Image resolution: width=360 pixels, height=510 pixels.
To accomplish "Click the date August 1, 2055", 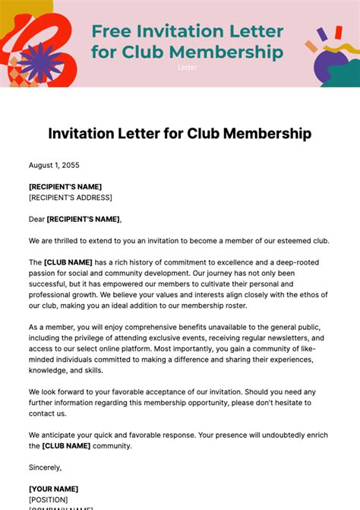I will (x=54, y=165).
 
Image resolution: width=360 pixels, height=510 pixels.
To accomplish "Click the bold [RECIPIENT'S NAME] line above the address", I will (x=65, y=186).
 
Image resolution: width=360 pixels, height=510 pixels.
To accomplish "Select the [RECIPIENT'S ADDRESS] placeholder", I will (x=71, y=198).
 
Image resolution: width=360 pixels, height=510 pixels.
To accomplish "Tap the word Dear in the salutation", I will (x=36, y=219).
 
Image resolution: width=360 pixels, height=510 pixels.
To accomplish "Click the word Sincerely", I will (x=46, y=467).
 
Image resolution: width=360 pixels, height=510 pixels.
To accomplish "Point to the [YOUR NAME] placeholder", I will (x=53, y=489).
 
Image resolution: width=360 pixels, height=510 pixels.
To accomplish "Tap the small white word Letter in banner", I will (x=187, y=68).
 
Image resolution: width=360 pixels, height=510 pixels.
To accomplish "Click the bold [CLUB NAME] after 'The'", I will (x=67, y=262).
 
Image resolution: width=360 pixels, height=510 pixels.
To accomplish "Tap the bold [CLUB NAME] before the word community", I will (x=67, y=445).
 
